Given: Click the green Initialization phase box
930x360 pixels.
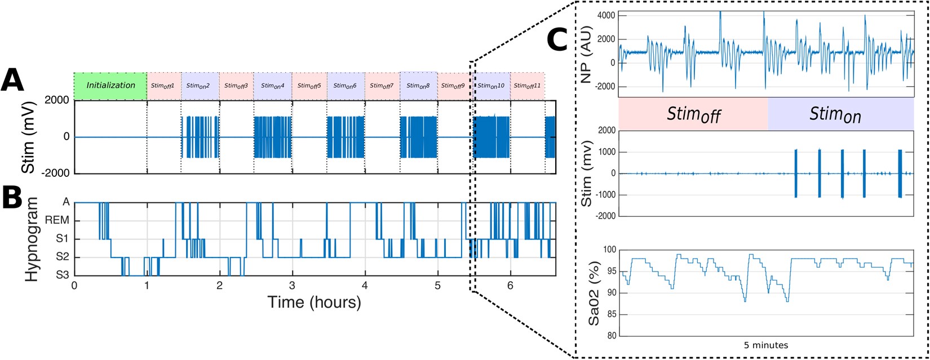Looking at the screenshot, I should point(110,86).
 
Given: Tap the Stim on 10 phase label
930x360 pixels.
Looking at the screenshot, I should point(491,86).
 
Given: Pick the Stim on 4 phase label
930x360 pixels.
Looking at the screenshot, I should point(273,86).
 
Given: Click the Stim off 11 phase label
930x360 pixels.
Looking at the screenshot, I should point(528,86).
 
